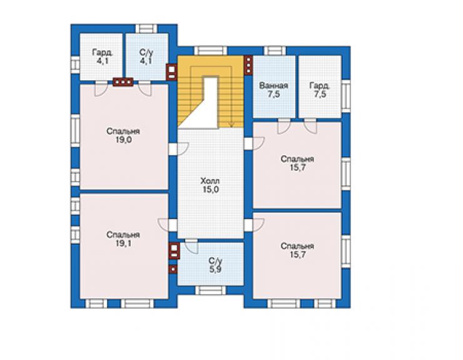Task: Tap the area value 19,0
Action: [123, 140]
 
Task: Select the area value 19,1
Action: [123, 244]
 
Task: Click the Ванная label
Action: [273, 86]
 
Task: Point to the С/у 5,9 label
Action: [215, 265]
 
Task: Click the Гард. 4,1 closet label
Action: [102, 57]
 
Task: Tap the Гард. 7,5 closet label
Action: [320, 90]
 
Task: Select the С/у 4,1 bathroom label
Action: [146, 57]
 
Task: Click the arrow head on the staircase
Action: [232, 125]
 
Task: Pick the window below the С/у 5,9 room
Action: [210, 291]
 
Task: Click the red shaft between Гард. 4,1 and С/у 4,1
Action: [123, 81]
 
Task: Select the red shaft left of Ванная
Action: [248, 65]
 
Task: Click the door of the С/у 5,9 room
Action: [191, 246]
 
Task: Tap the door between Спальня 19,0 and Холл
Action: [179, 148]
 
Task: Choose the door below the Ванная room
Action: [284, 126]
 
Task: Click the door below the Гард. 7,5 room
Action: [310, 126]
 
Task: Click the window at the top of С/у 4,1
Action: [146, 28]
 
